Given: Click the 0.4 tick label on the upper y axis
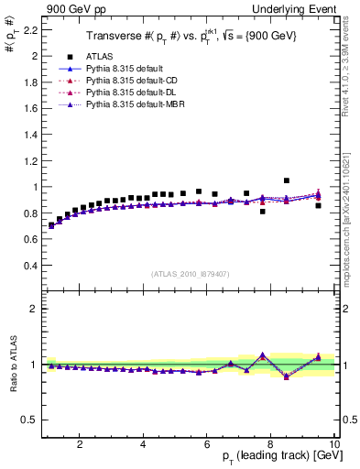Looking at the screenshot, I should (29, 266).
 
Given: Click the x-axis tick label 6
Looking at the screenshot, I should (207, 445).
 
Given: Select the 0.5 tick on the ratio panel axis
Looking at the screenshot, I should (29, 420).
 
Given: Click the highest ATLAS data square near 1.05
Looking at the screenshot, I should (287, 180).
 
